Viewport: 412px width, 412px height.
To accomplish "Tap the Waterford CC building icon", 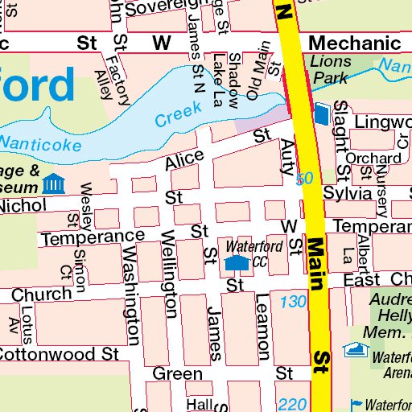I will pos(236,262).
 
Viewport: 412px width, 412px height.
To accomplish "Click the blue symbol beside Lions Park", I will pos(322,114).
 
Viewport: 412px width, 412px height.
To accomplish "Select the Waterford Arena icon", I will pos(353,349).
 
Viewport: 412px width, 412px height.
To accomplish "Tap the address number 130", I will pos(294,302).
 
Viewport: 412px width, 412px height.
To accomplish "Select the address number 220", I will pos(290,404).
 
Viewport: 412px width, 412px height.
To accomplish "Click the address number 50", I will pos(303,179).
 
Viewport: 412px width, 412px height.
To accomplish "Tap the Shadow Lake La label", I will pos(226,80).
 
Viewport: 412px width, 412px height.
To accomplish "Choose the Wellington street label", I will pos(169,274).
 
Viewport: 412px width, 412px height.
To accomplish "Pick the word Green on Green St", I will pos(177,374).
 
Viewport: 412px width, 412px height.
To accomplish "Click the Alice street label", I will pos(184,159).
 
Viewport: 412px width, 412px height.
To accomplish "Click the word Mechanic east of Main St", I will pos(354,43).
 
